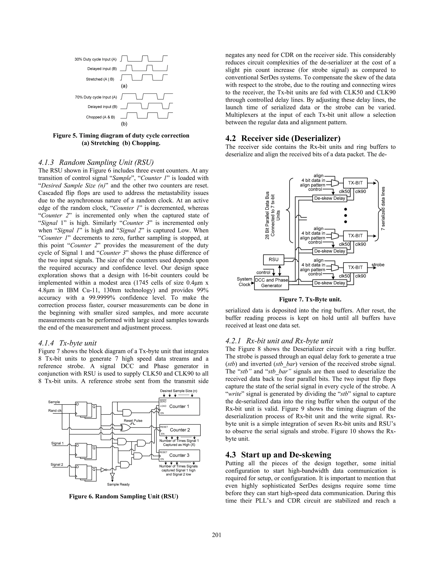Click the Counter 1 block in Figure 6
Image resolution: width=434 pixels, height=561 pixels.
click(x=179, y=406)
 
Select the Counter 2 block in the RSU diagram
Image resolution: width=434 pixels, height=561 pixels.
click(x=180, y=430)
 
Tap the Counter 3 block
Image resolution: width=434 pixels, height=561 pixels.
click(x=179, y=455)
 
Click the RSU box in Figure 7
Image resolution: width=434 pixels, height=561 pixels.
click(x=274, y=260)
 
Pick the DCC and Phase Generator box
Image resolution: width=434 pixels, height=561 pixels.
click(x=271, y=283)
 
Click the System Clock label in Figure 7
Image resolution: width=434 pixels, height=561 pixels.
click(x=244, y=282)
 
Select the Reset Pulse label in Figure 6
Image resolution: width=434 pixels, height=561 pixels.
click(x=133, y=421)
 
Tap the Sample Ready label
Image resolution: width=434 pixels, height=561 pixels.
click(x=118, y=484)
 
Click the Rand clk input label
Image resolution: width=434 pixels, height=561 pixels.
click(x=55, y=410)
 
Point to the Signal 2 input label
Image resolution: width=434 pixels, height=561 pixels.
click(x=57, y=464)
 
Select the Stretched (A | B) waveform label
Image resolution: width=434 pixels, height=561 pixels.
click(x=100, y=79)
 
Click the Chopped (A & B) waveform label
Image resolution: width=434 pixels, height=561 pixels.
click(x=100, y=117)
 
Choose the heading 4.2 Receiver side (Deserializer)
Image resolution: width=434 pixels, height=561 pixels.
click(x=283, y=138)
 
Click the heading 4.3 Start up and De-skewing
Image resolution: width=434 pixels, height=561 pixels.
click(x=278, y=455)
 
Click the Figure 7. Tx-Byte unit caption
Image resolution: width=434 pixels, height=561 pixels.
click(x=310, y=300)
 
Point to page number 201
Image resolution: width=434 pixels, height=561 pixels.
click(x=217, y=535)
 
